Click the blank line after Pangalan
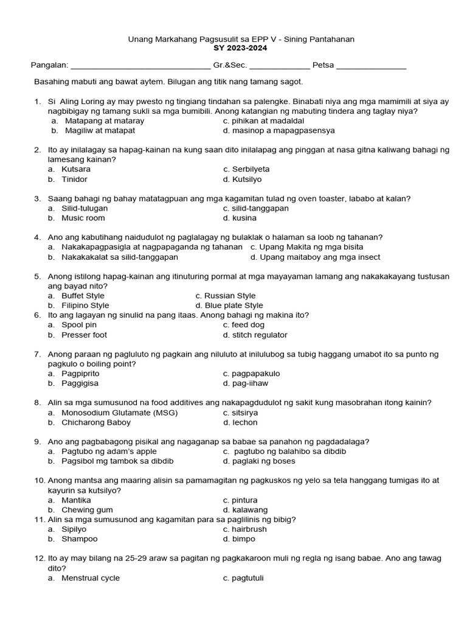point(140,66)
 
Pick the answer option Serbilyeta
point(251,169)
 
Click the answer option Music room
point(83,218)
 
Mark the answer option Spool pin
point(79,325)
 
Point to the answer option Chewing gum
point(87,510)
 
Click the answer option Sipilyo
point(74,529)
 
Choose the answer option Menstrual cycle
point(91,578)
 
